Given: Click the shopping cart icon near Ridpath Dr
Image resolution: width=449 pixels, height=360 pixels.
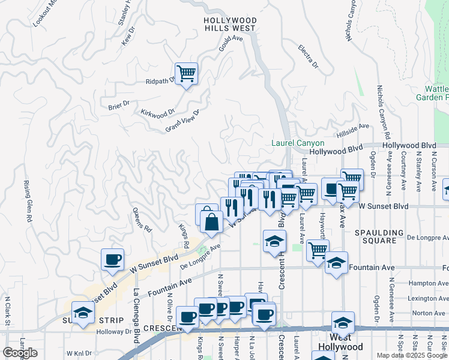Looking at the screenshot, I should [187, 74].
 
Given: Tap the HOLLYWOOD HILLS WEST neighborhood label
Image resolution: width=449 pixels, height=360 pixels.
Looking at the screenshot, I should [230, 24].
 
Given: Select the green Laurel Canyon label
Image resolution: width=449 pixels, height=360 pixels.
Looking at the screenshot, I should [298, 143].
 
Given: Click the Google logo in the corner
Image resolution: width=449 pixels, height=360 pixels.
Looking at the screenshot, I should [20, 353].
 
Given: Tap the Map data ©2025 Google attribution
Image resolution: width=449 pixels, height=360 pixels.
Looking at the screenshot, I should [412, 355].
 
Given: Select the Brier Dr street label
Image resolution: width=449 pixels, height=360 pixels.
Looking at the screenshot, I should [119, 104].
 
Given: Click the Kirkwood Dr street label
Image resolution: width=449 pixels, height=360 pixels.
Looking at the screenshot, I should [157, 112].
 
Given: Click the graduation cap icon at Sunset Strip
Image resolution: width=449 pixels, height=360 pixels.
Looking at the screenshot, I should [83, 312].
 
